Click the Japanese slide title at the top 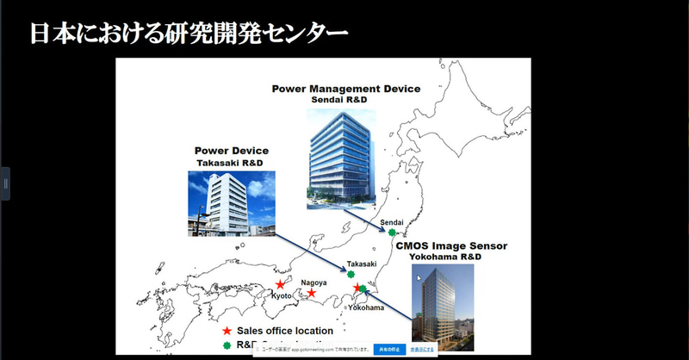pos(189,34)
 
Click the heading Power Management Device pos(346,89)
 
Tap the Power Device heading pos(231,150)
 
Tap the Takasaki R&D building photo pos(232,203)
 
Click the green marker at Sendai pos(392,233)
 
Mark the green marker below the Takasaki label pos(351,276)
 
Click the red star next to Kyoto pos(280,283)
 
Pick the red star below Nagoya pos(312,293)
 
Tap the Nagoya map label pos(313,282)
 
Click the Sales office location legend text pos(285,331)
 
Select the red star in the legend pos(227,331)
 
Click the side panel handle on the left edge pos(5,183)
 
